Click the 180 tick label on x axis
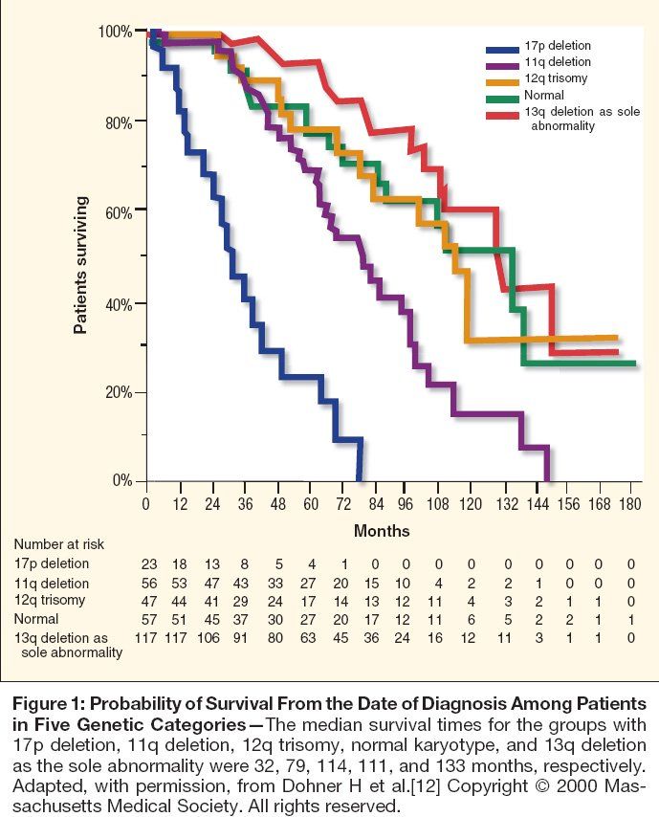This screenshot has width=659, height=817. point(630,505)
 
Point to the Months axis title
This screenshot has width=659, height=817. point(382,530)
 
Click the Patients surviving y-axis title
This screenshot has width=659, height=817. point(81,266)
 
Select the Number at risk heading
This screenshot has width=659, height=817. point(59,544)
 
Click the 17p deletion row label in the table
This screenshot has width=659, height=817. point(52,564)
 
